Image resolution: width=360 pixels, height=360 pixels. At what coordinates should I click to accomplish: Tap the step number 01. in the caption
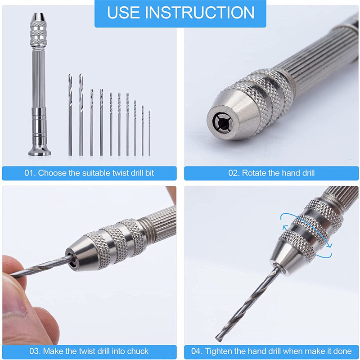click(x=31, y=173)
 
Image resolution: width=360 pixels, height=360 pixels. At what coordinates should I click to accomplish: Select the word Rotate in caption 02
click(x=256, y=173)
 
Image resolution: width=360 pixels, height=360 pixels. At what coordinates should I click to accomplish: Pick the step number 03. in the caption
click(x=31, y=351)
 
